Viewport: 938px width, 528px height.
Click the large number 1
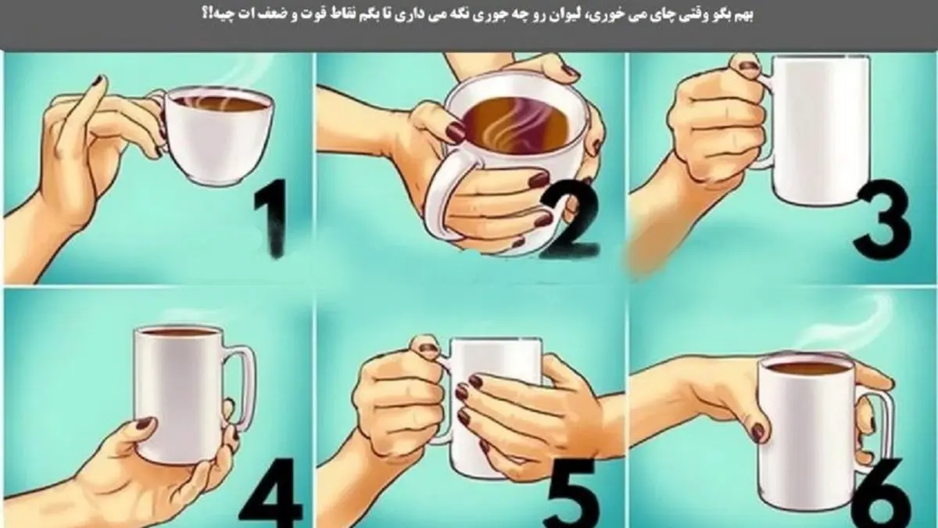pos(272,218)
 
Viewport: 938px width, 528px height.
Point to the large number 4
pos(271,494)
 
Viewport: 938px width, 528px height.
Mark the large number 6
pos(883,494)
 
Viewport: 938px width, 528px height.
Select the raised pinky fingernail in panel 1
pos(100,81)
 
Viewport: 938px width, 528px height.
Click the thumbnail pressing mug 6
pos(759,432)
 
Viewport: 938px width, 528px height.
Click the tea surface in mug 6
pos(807,368)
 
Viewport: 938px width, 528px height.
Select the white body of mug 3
pos(820,130)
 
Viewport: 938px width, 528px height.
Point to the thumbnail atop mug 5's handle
pos(426,349)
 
